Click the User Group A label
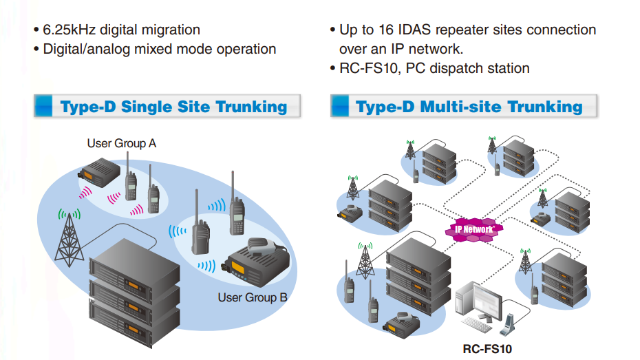(x=121, y=143)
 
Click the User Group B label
(x=252, y=297)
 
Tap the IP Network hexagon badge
(x=474, y=229)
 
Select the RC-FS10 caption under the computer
(x=487, y=348)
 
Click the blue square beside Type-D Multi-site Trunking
(x=339, y=106)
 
